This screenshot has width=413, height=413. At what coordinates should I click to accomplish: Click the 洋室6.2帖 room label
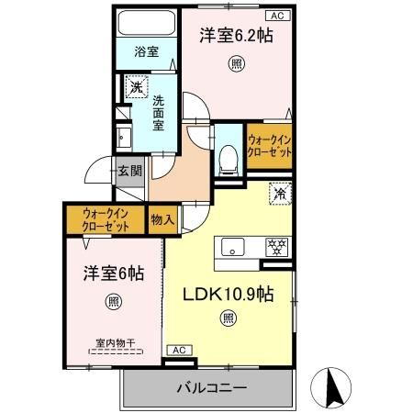tap(238, 36)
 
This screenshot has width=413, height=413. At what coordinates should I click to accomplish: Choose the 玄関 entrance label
tap(129, 171)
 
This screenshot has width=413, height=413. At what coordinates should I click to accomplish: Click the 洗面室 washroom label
tap(160, 113)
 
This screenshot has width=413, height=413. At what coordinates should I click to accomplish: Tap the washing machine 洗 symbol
tap(136, 88)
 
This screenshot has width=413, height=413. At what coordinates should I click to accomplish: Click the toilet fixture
tap(226, 157)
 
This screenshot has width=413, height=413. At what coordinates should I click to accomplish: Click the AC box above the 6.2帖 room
tap(275, 16)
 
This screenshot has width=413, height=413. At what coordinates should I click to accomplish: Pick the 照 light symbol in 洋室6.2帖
tap(237, 65)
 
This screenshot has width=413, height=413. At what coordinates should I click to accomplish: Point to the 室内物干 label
tap(114, 343)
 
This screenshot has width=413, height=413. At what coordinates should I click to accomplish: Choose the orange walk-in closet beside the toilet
tap(268, 145)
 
